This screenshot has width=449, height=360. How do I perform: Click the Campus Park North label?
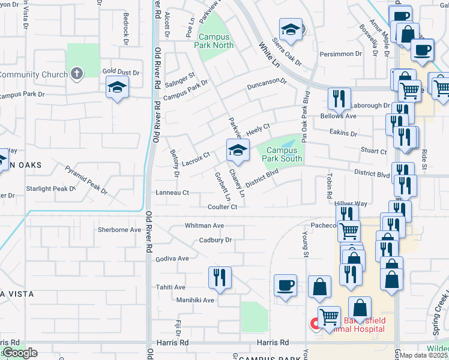click(216, 41)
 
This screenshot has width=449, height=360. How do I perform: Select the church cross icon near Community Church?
click(76, 74)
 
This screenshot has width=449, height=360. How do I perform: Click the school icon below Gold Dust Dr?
click(117, 88)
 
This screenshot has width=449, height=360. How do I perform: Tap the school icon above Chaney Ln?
click(238, 150)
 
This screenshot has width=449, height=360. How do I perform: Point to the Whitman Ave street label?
click(204, 226)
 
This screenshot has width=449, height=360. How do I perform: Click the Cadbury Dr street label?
click(215, 241)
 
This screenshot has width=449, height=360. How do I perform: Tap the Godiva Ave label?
click(173, 259)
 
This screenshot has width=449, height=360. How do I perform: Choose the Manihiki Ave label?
click(195, 300)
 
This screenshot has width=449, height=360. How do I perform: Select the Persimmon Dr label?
click(340, 53)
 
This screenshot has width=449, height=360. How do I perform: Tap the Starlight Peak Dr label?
click(51, 188)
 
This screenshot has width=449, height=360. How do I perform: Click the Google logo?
click(19, 353)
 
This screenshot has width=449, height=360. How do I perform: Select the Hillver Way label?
click(351, 204)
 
